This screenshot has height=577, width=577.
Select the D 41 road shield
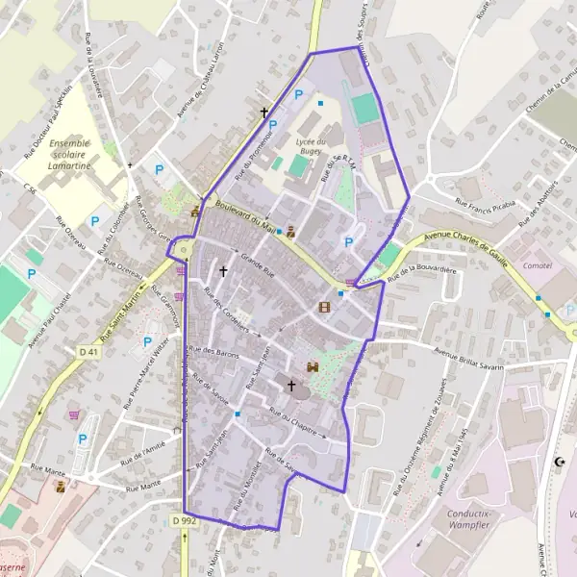[x=89, y=352]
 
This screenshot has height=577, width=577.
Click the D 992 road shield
[x=185, y=520]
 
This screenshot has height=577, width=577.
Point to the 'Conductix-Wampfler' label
[x=478, y=520]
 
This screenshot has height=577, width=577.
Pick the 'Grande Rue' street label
[x=258, y=265]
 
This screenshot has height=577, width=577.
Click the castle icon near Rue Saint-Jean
[x=312, y=366]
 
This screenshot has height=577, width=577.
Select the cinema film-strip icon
[x=324, y=308]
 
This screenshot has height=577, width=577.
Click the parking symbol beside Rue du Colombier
[x=95, y=221]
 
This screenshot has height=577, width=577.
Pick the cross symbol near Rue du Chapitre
[x=291, y=385]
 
